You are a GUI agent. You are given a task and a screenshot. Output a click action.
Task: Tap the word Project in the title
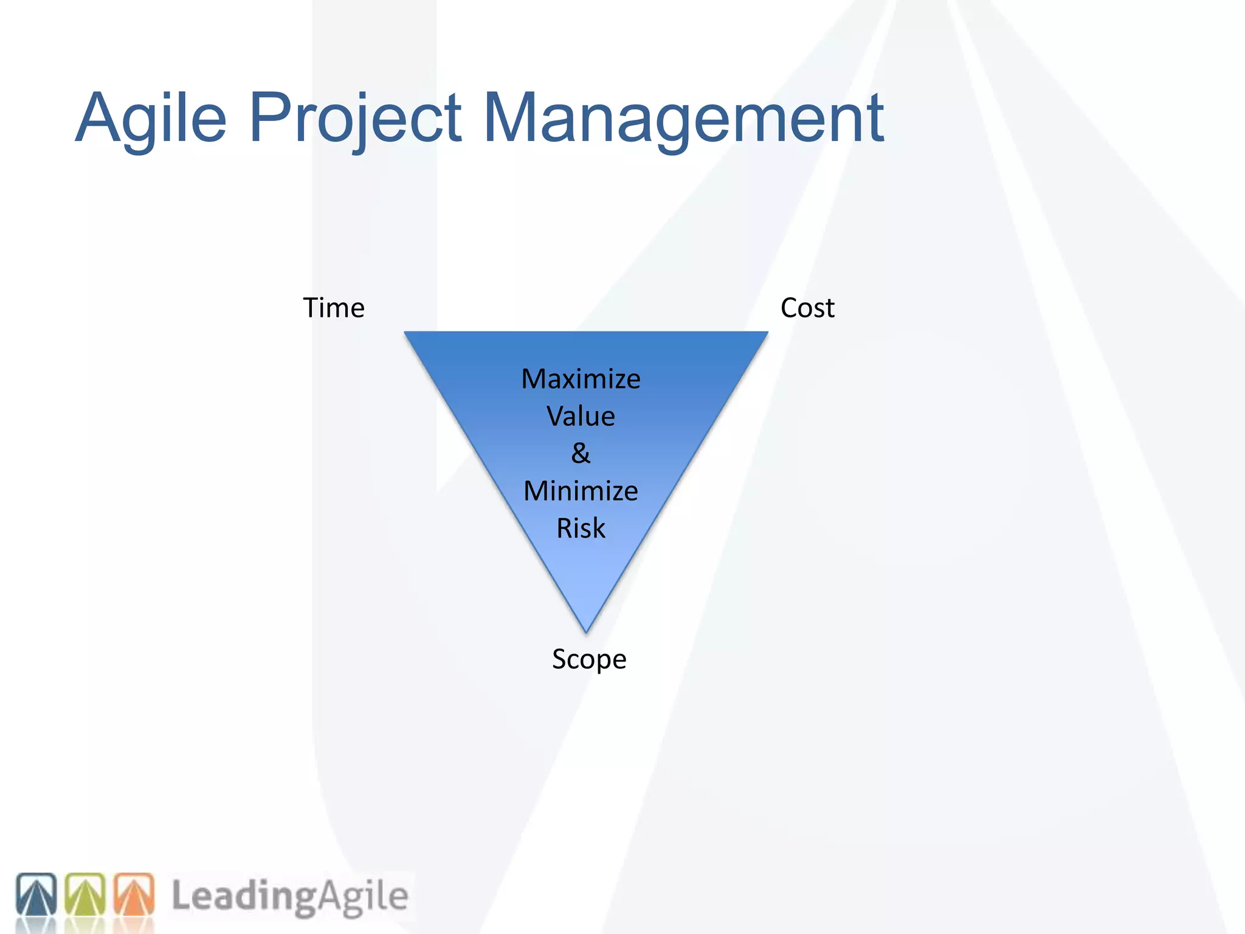point(355,119)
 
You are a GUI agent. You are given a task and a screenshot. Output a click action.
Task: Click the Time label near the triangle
point(334,308)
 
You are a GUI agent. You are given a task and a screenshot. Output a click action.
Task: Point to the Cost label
point(807,308)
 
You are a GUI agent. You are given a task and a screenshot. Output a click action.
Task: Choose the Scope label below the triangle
point(588,659)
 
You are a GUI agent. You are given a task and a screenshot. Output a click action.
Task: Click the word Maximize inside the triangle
point(581,379)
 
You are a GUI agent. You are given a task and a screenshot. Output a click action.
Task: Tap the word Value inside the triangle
point(581,417)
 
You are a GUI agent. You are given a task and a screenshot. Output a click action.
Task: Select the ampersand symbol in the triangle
point(581,454)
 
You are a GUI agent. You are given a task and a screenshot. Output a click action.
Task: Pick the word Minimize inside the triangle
point(581,491)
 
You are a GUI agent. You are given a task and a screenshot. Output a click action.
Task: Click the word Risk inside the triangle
point(581,528)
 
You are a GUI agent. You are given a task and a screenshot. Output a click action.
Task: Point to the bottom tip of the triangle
point(586,630)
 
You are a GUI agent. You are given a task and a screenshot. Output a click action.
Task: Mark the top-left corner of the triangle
point(406,333)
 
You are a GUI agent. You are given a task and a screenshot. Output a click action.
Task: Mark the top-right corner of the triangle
point(766,333)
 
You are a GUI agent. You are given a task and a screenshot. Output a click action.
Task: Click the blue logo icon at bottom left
point(36,894)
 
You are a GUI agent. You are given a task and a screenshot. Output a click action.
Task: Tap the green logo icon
point(85,894)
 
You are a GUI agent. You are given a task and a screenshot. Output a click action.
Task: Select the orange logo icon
point(134,894)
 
